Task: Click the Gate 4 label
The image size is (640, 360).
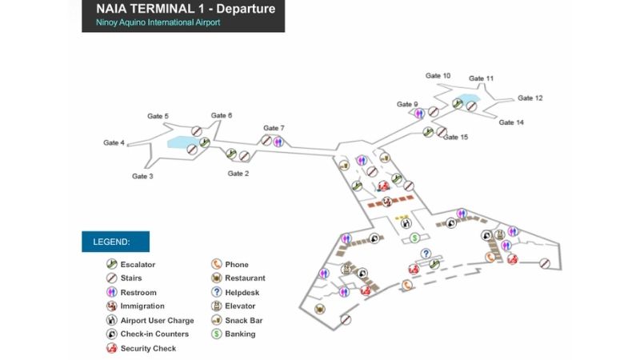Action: click(x=114, y=143)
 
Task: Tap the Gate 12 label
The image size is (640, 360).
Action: click(x=530, y=98)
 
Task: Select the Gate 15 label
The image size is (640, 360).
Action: click(x=456, y=138)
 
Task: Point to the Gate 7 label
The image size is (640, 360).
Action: click(x=274, y=128)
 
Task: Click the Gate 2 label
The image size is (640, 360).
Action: click(x=238, y=174)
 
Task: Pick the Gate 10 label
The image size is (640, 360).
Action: click(x=438, y=76)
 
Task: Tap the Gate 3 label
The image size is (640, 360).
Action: click(x=142, y=176)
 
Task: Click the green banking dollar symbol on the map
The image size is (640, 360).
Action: click(x=415, y=238)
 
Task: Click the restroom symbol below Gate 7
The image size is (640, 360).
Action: click(x=278, y=142)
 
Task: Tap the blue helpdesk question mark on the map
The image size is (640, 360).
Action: click(x=425, y=254)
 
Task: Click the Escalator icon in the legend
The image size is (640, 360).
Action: click(x=112, y=265)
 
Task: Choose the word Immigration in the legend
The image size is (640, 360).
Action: click(x=142, y=306)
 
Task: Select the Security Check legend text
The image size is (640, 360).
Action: click(x=148, y=349)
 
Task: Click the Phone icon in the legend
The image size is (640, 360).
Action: click(x=217, y=265)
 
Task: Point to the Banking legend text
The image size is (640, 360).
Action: click(x=241, y=334)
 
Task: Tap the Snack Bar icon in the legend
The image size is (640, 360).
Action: click(x=217, y=320)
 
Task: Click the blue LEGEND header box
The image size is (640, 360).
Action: click(x=115, y=242)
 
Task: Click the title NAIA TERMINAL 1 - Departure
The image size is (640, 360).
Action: click(x=186, y=10)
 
